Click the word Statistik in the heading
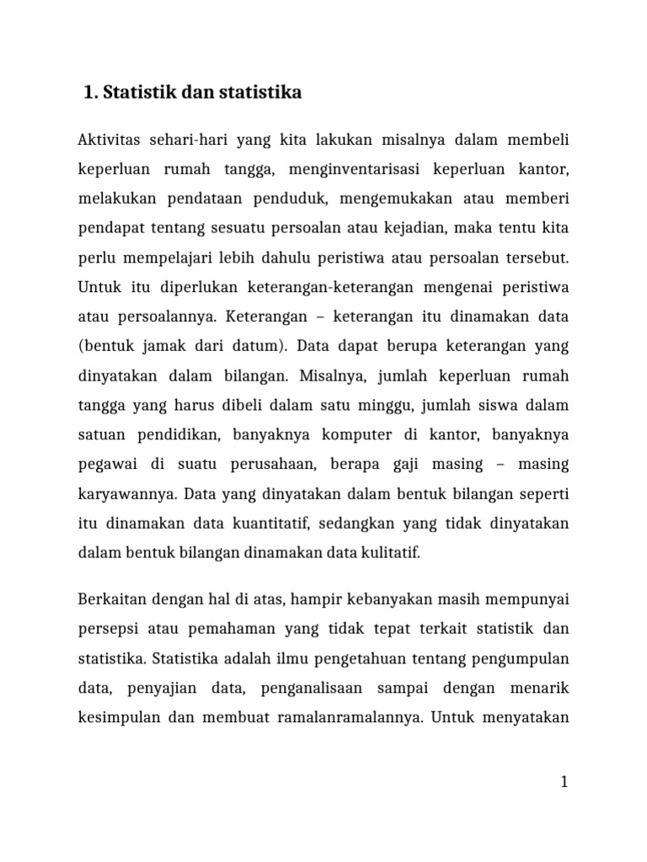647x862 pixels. [139, 93]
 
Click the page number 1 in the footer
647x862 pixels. [565, 782]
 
